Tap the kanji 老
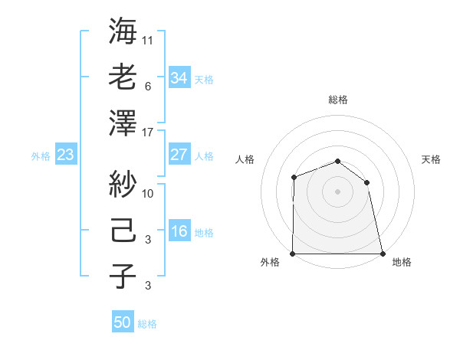point(123,77)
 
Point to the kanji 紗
point(123,183)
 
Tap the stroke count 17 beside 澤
point(148,133)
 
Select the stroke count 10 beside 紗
point(148,194)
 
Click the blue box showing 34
point(179,77)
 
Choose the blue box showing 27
point(179,155)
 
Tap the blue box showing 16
point(179,231)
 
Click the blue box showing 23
point(65,155)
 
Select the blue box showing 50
point(123,322)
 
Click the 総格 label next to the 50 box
point(147,324)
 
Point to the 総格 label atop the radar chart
point(337,100)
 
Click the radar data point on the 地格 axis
point(382,254)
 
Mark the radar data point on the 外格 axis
point(293,254)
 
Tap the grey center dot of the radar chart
point(337,191)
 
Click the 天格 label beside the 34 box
point(204,79)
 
